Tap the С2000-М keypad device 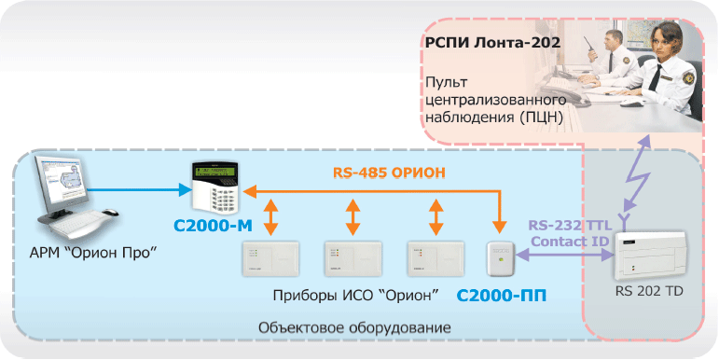point(215,187)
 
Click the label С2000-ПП point(502,296)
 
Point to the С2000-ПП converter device point(502,259)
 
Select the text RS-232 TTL point(568,226)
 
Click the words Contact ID point(568,242)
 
